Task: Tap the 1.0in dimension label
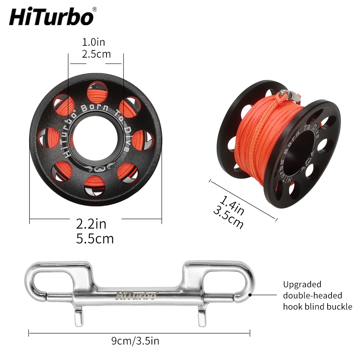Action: pos(94,42)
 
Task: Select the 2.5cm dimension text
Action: pos(96,54)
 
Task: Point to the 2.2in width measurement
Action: pos(91,224)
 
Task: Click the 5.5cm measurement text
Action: pos(95,239)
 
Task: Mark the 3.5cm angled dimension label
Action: pos(228,217)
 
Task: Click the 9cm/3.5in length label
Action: pos(135,341)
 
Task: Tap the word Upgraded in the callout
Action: pos(302,284)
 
